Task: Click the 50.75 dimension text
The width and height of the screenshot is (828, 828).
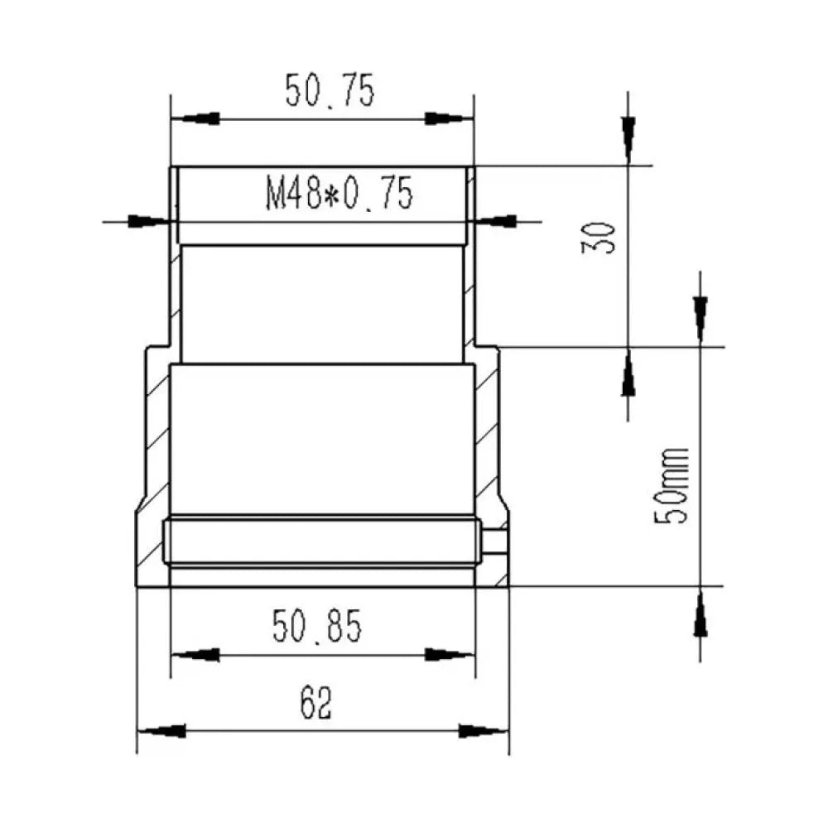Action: click(x=330, y=91)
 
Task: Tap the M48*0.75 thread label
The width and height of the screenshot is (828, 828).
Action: click(x=339, y=194)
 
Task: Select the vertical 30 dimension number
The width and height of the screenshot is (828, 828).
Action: click(x=599, y=238)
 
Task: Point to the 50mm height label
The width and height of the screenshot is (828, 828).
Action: click(x=672, y=486)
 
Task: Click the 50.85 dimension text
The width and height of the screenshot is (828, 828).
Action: click(x=317, y=626)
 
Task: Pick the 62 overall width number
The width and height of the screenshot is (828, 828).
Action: click(x=315, y=703)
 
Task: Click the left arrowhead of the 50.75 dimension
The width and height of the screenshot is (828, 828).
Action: click(x=195, y=118)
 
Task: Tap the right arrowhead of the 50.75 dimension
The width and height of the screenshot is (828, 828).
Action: click(x=449, y=118)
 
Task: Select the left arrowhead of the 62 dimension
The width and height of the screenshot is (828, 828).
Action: click(x=161, y=731)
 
